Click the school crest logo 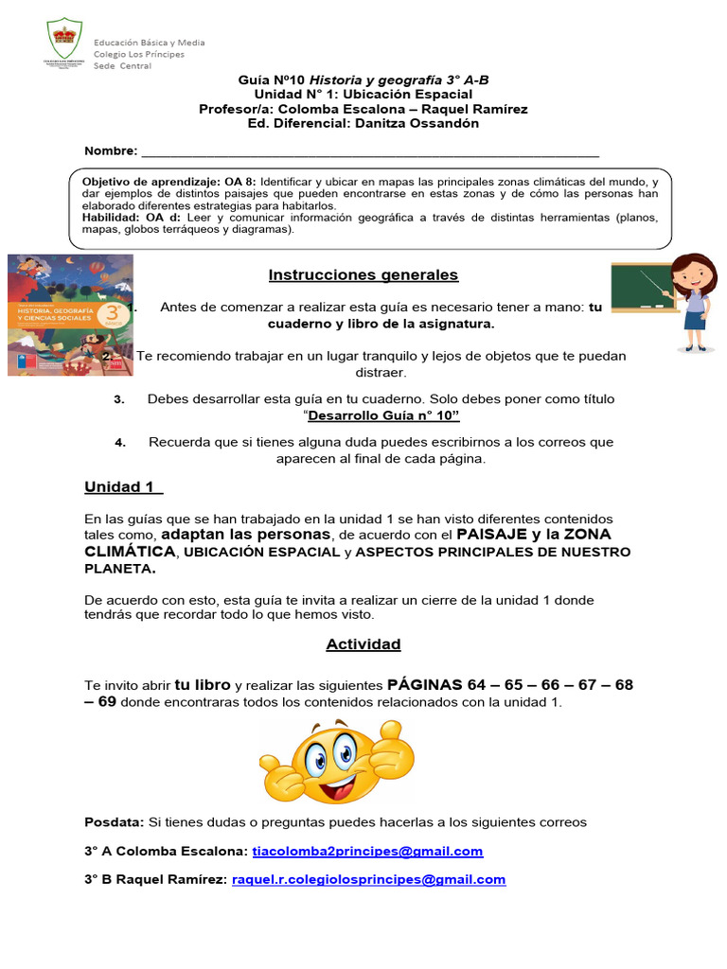64,42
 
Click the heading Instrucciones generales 363,274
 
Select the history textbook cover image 70,314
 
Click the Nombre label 111,151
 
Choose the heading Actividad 363,644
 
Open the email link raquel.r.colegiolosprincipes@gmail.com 368,879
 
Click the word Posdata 114,822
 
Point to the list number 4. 120,443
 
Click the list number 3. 119,399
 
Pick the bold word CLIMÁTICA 130,551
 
